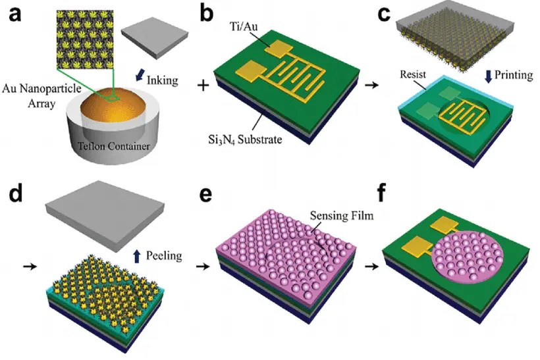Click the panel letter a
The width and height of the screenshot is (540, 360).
[x=14, y=16]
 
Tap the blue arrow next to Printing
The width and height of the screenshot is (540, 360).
[x=488, y=76]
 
